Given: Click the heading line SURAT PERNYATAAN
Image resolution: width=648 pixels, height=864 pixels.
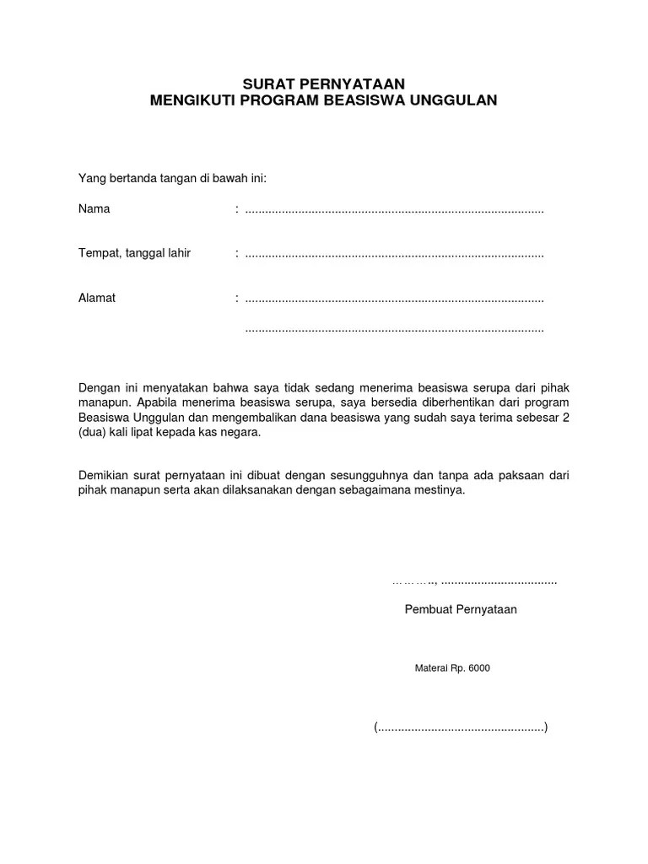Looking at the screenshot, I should (324, 83).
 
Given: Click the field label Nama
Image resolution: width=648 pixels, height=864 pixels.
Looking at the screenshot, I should (94, 208).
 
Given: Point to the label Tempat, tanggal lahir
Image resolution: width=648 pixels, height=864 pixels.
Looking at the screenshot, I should (134, 253).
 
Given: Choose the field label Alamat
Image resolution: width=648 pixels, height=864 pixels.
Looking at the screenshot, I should (97, 298).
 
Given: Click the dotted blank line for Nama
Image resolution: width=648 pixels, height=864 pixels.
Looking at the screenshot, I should (394, 209).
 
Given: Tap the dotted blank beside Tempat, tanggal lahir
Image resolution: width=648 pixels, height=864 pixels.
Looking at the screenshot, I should (394, 254).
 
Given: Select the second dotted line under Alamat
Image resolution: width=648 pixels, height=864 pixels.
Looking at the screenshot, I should (394, 329).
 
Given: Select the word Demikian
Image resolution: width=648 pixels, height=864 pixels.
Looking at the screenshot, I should (104, 476).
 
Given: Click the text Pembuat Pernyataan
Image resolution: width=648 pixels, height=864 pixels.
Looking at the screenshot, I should (461, 609).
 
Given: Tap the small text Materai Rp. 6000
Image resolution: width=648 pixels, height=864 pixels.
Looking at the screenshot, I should (452, 668).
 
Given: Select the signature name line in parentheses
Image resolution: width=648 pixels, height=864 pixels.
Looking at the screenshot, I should (461, 727).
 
